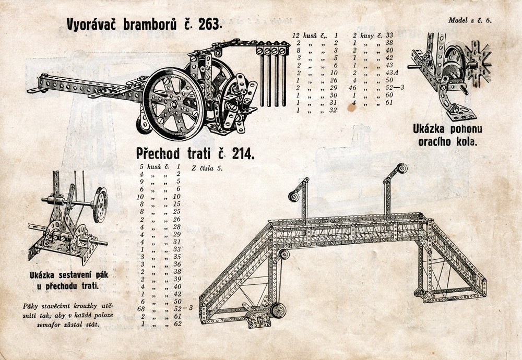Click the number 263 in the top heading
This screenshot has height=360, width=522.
pyautogui.click(x=209, y=25)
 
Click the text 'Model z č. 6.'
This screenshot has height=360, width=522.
pyautogui.click(x=470, y=21)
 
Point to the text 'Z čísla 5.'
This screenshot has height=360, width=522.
pyautogui.click(x=207, y=169)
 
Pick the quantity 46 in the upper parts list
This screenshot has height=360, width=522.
pyautogui.click(x=352, y=89)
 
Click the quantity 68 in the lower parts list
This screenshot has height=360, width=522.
pyautogui.click(x=141, y=308)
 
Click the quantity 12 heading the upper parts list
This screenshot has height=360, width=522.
pyautogui.click(x=297, y=35)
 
